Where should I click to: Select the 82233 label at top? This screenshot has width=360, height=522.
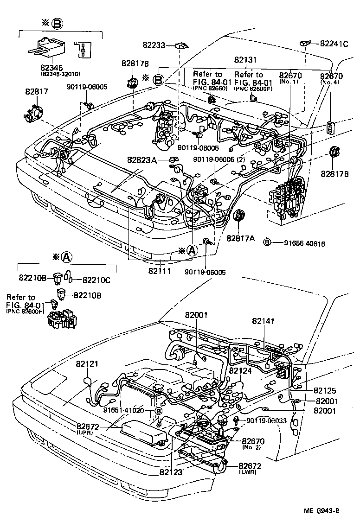click(154, 45)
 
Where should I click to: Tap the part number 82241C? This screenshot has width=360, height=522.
click(334, 44)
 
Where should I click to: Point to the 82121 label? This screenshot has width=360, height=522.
click(87, 364)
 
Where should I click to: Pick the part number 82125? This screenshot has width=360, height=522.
click(326, 391)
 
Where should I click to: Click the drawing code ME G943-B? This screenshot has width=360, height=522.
click(321, 511)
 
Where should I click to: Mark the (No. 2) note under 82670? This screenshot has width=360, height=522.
click(251, 448)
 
